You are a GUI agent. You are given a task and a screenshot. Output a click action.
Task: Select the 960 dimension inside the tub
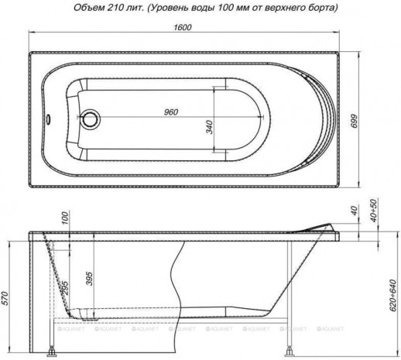point(171,111)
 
